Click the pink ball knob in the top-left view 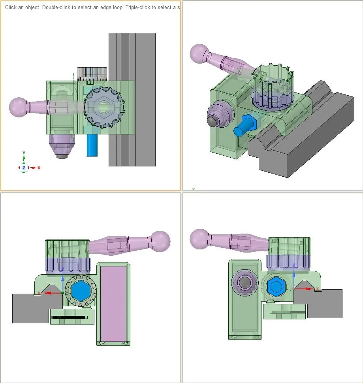point(18,107)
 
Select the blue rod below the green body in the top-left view point(92,145)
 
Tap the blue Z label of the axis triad point(24,168)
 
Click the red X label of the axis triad point(39,168)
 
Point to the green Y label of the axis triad point(24,153)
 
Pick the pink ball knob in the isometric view point(199,53)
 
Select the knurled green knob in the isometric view point(273,87)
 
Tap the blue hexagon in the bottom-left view point(81,291)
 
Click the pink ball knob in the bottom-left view point(160,241)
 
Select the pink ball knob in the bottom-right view point(200,239)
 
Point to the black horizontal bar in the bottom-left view point(70,317)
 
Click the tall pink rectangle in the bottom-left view point(113,304)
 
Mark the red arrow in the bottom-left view point(53,293)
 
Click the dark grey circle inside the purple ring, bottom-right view point(245,283)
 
